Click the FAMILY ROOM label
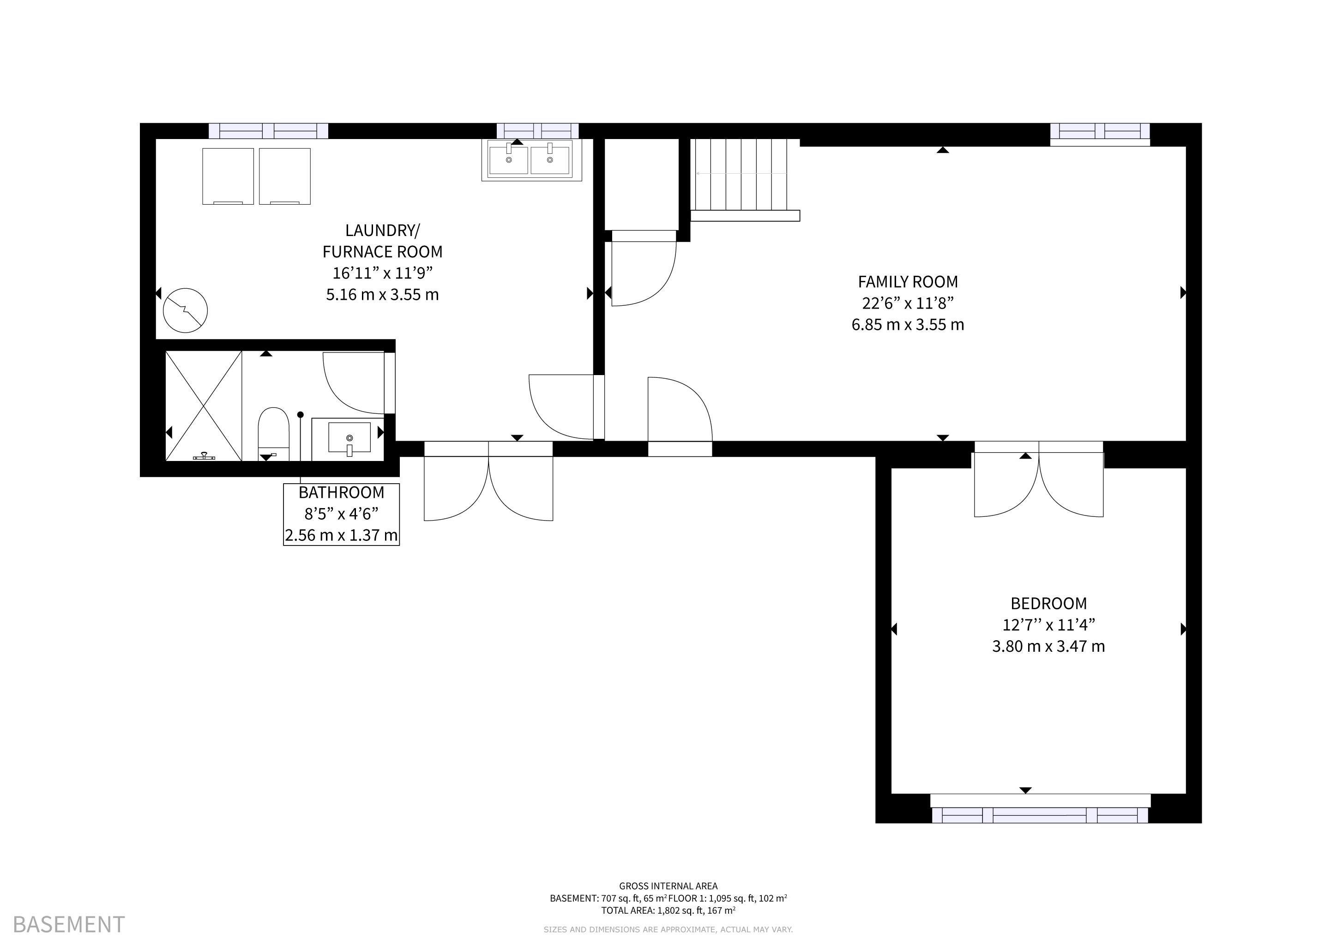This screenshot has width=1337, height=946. (908, 282)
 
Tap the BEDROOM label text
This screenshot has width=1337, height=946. (1048, 603)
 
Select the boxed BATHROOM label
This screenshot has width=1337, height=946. (341, 514)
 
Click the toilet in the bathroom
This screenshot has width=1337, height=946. (273, 434)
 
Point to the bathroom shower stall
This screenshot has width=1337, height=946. (204, 406)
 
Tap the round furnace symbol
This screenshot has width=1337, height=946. (185, 310)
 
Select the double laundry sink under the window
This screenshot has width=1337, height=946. (531, 160)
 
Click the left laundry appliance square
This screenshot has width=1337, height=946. (228, 176)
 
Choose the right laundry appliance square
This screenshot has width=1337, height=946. (285, 176)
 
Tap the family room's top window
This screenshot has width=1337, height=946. (1100, 134)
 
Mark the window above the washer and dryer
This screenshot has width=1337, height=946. (268, 131)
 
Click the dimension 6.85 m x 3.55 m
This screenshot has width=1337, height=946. (908, 324)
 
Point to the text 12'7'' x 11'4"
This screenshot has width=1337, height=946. (1048, 625)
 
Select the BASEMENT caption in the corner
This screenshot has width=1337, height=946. (69, 924)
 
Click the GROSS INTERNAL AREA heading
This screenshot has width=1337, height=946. (668, 886)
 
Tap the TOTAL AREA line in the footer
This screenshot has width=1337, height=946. (668, 910)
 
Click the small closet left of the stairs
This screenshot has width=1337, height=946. (642, 184)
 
